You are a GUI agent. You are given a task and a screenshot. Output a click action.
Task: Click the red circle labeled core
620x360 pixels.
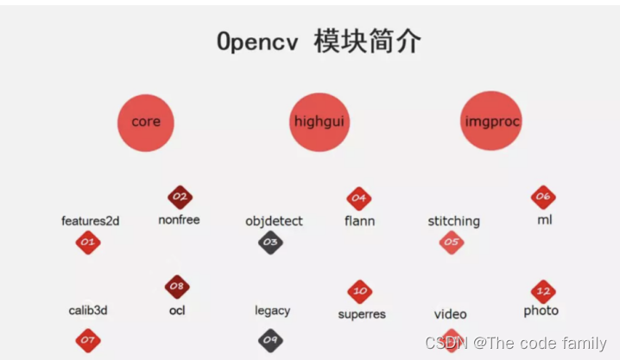146,122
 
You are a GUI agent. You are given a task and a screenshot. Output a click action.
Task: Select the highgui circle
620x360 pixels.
319,122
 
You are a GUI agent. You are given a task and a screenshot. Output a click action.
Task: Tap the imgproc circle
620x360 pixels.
491,122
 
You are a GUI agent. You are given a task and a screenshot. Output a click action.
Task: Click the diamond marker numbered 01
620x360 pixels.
88,243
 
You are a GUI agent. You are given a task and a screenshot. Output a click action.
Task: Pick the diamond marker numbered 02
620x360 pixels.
180,198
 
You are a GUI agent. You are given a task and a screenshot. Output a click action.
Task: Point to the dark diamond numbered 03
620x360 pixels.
271,243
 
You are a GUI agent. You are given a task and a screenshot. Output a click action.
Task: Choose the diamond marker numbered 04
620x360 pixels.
358,199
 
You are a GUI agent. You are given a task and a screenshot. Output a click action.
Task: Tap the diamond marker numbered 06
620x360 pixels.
542,198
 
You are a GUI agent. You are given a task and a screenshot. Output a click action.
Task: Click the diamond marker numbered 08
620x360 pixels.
177,287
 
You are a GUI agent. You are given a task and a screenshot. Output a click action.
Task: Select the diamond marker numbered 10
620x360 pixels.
360,292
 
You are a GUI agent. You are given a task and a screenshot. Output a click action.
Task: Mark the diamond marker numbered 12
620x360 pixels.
542,290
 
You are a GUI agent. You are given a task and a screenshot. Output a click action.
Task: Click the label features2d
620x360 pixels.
91,221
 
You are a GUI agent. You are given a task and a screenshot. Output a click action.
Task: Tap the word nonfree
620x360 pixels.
179,220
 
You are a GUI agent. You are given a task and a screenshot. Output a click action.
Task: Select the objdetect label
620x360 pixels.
274,221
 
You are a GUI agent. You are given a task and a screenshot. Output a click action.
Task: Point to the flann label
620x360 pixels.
359,221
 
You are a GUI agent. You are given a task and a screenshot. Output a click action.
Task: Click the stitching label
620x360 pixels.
453,221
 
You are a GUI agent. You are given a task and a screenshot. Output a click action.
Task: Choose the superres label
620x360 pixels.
362,314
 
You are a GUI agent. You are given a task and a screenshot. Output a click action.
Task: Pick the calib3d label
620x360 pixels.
88,311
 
